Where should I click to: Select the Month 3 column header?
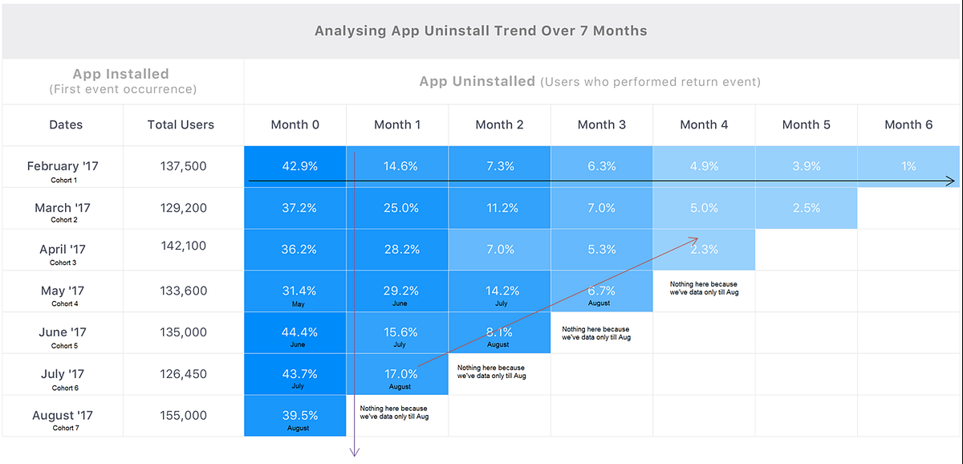coord(601,124)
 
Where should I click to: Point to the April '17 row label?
coord(63,250)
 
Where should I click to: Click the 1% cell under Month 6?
coord(908,166)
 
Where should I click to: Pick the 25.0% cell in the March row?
coord(397,208)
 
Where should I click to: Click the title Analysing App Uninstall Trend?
coord(481,31)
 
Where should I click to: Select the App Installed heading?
coord(121,74)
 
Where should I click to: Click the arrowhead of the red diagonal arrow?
coord(696,237)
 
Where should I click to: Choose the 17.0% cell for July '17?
coord(397,374)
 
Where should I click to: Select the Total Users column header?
coord(181,124)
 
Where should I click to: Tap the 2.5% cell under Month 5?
coord(806,208)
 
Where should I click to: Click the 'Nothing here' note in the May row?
coord(703,288)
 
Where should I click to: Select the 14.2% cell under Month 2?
coord(499,291)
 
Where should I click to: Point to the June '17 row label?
coord(63,332)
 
